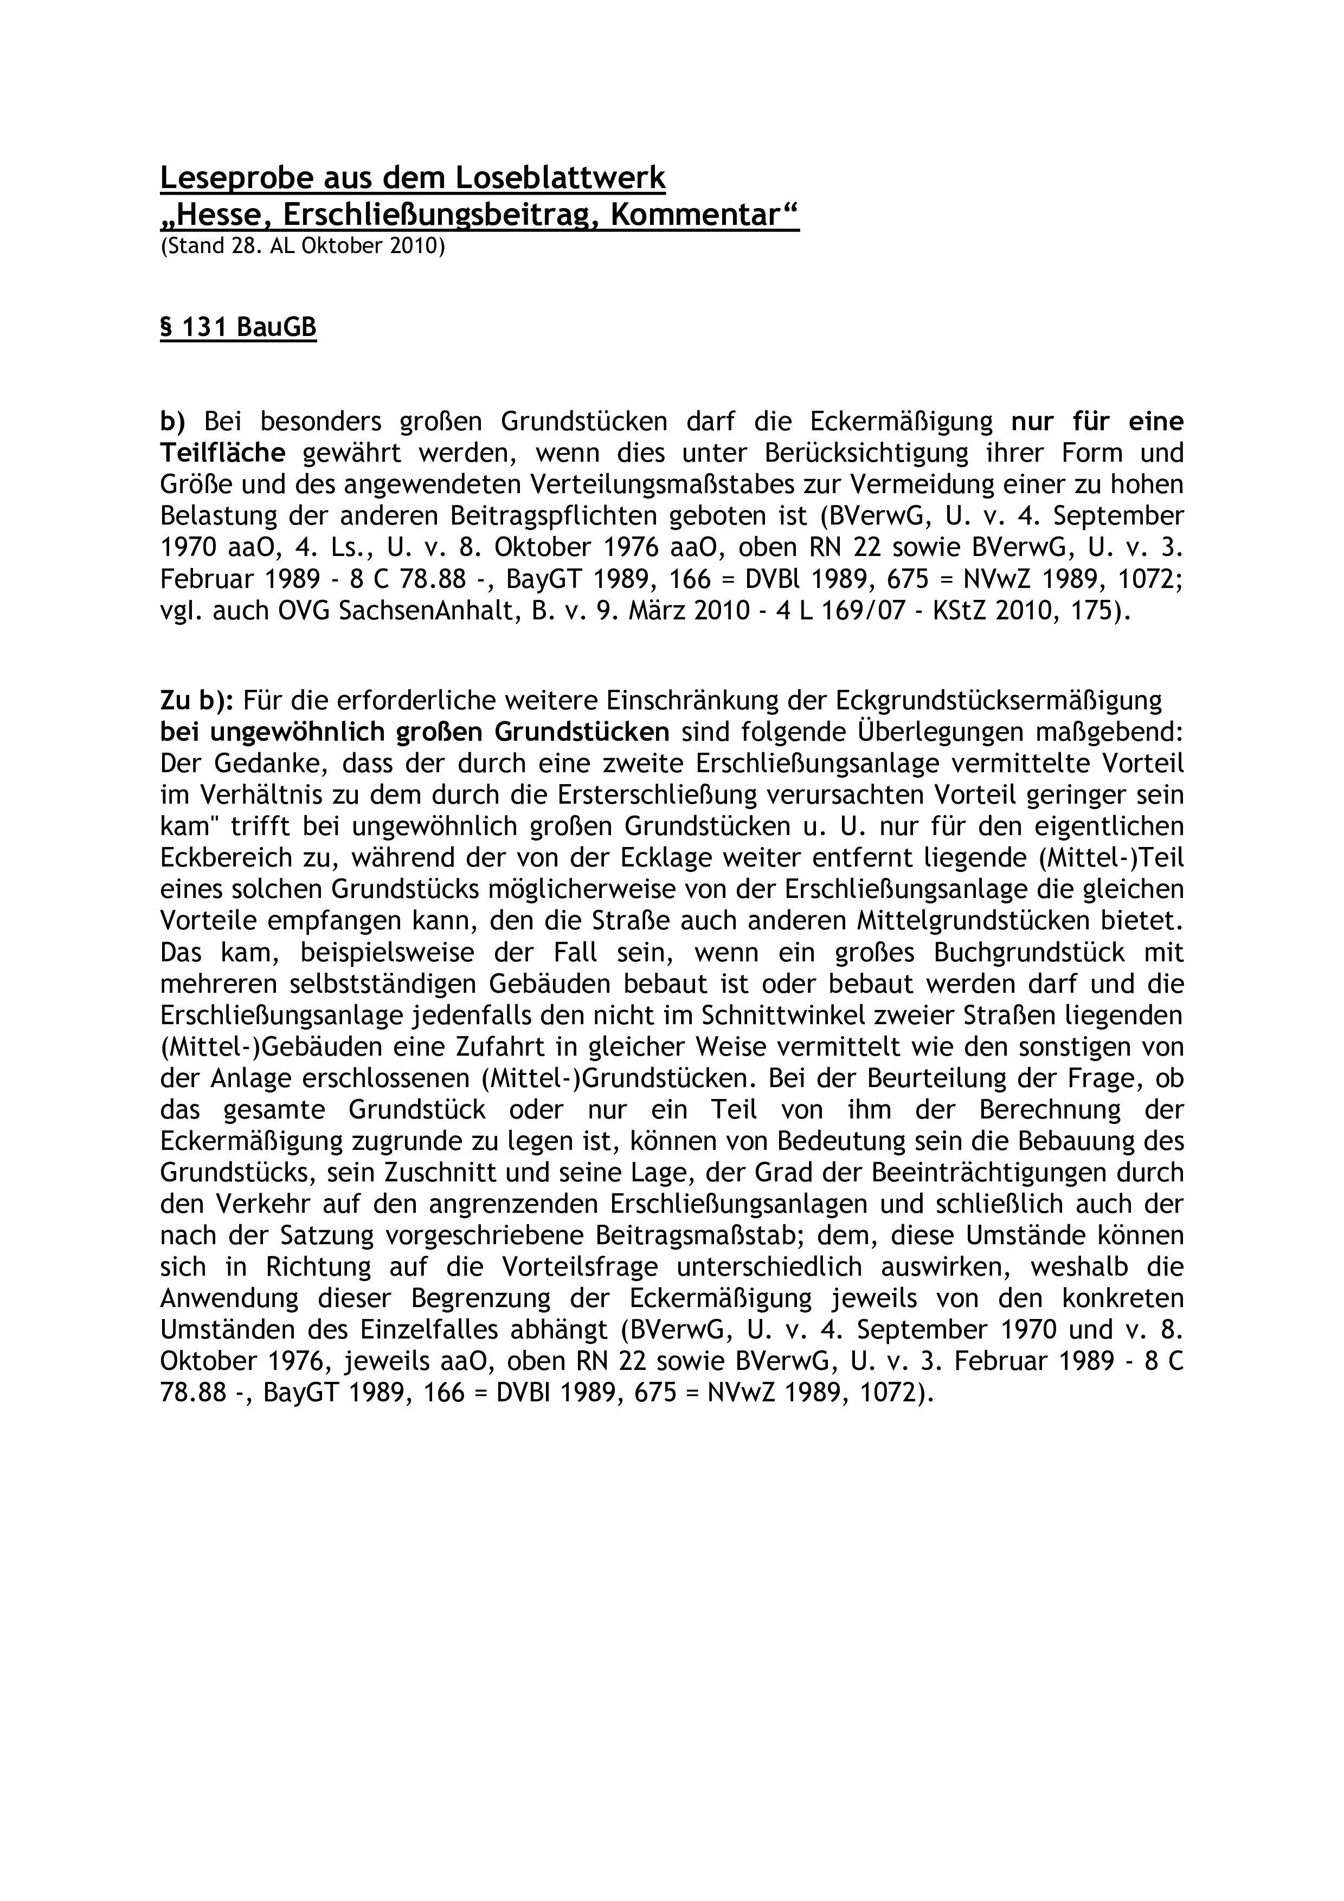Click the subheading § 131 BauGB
point(237,328)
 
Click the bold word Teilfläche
point(223,454)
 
